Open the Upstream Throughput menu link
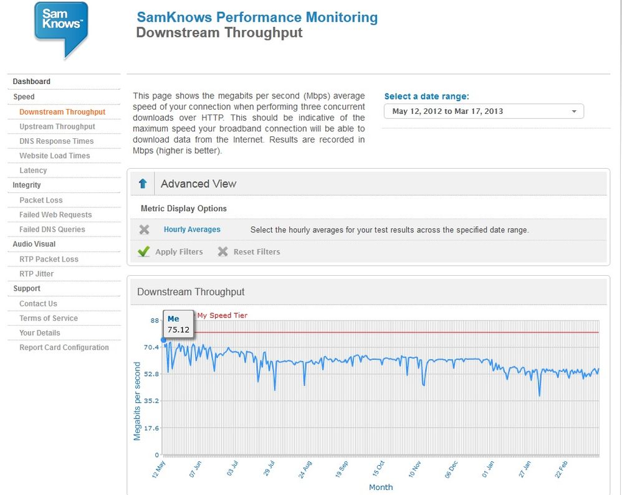(x=57, y=126)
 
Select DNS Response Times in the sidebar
(x=56, y=141)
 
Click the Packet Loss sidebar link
(x=41, y=200)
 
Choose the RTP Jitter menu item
(x=37, y=274)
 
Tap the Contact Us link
(x=38, y=304)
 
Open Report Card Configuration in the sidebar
(x=64, y=347)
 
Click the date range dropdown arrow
(x=574, y=111)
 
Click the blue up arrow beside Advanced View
(x=143, y=184)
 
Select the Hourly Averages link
(x=192, y=230)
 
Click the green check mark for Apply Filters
(x=143, y=252)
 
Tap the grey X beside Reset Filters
(x=222, y=252)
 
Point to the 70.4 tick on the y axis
(x=151, y=347)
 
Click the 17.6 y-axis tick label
(x=151, y=428)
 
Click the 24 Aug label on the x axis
(x=305, y=469)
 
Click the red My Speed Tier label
(x=222, y=316)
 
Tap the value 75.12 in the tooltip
(x=178, y=330)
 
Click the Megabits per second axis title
(x=137, y=401)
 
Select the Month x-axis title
(x=381, y=487)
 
